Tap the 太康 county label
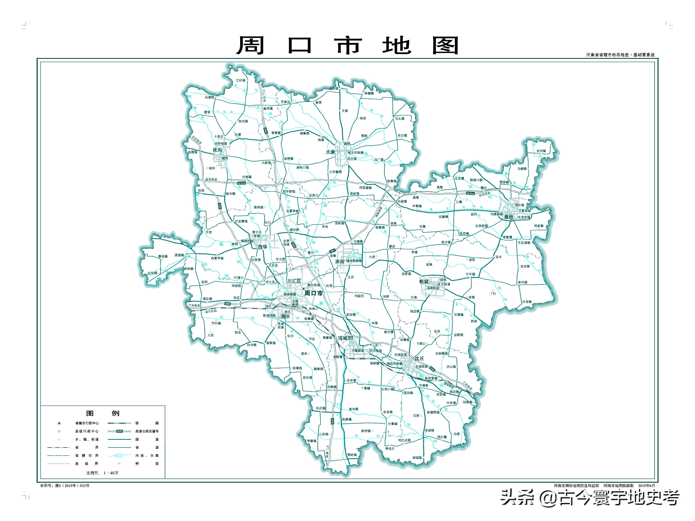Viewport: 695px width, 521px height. [330, 152]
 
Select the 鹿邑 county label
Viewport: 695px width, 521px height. [508, 217]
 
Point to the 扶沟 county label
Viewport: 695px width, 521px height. [217, 150]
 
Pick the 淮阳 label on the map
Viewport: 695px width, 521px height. [340, 262]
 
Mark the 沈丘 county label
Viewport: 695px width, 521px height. [419, 358]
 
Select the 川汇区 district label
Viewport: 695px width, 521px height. [294, 281]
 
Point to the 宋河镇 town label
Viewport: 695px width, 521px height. [541, 151]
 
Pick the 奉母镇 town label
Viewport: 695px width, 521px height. [163, 257]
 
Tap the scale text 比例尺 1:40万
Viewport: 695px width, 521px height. [102, 473]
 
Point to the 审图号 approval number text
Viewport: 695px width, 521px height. [65, 485]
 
